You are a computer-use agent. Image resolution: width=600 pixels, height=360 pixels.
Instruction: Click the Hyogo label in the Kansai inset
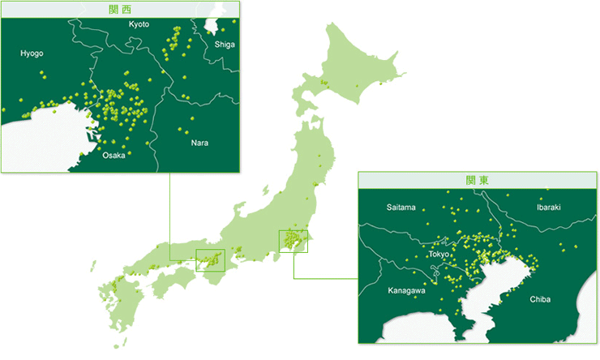point(32,54)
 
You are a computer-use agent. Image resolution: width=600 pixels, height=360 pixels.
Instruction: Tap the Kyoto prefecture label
point(139,24)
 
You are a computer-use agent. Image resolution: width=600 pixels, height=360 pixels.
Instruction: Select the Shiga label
point(225,44)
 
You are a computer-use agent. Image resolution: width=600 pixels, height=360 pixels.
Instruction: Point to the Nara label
point(199,143)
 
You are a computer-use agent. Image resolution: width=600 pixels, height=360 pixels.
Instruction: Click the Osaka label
point(114,155)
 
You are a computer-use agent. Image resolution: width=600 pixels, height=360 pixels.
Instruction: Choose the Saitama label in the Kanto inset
point(401,208)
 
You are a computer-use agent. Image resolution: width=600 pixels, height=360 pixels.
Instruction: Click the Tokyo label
point(439,255)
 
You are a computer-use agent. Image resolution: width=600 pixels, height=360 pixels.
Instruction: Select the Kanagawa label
point(405,290)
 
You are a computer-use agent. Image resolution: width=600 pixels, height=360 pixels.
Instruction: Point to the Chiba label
point(539,299)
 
